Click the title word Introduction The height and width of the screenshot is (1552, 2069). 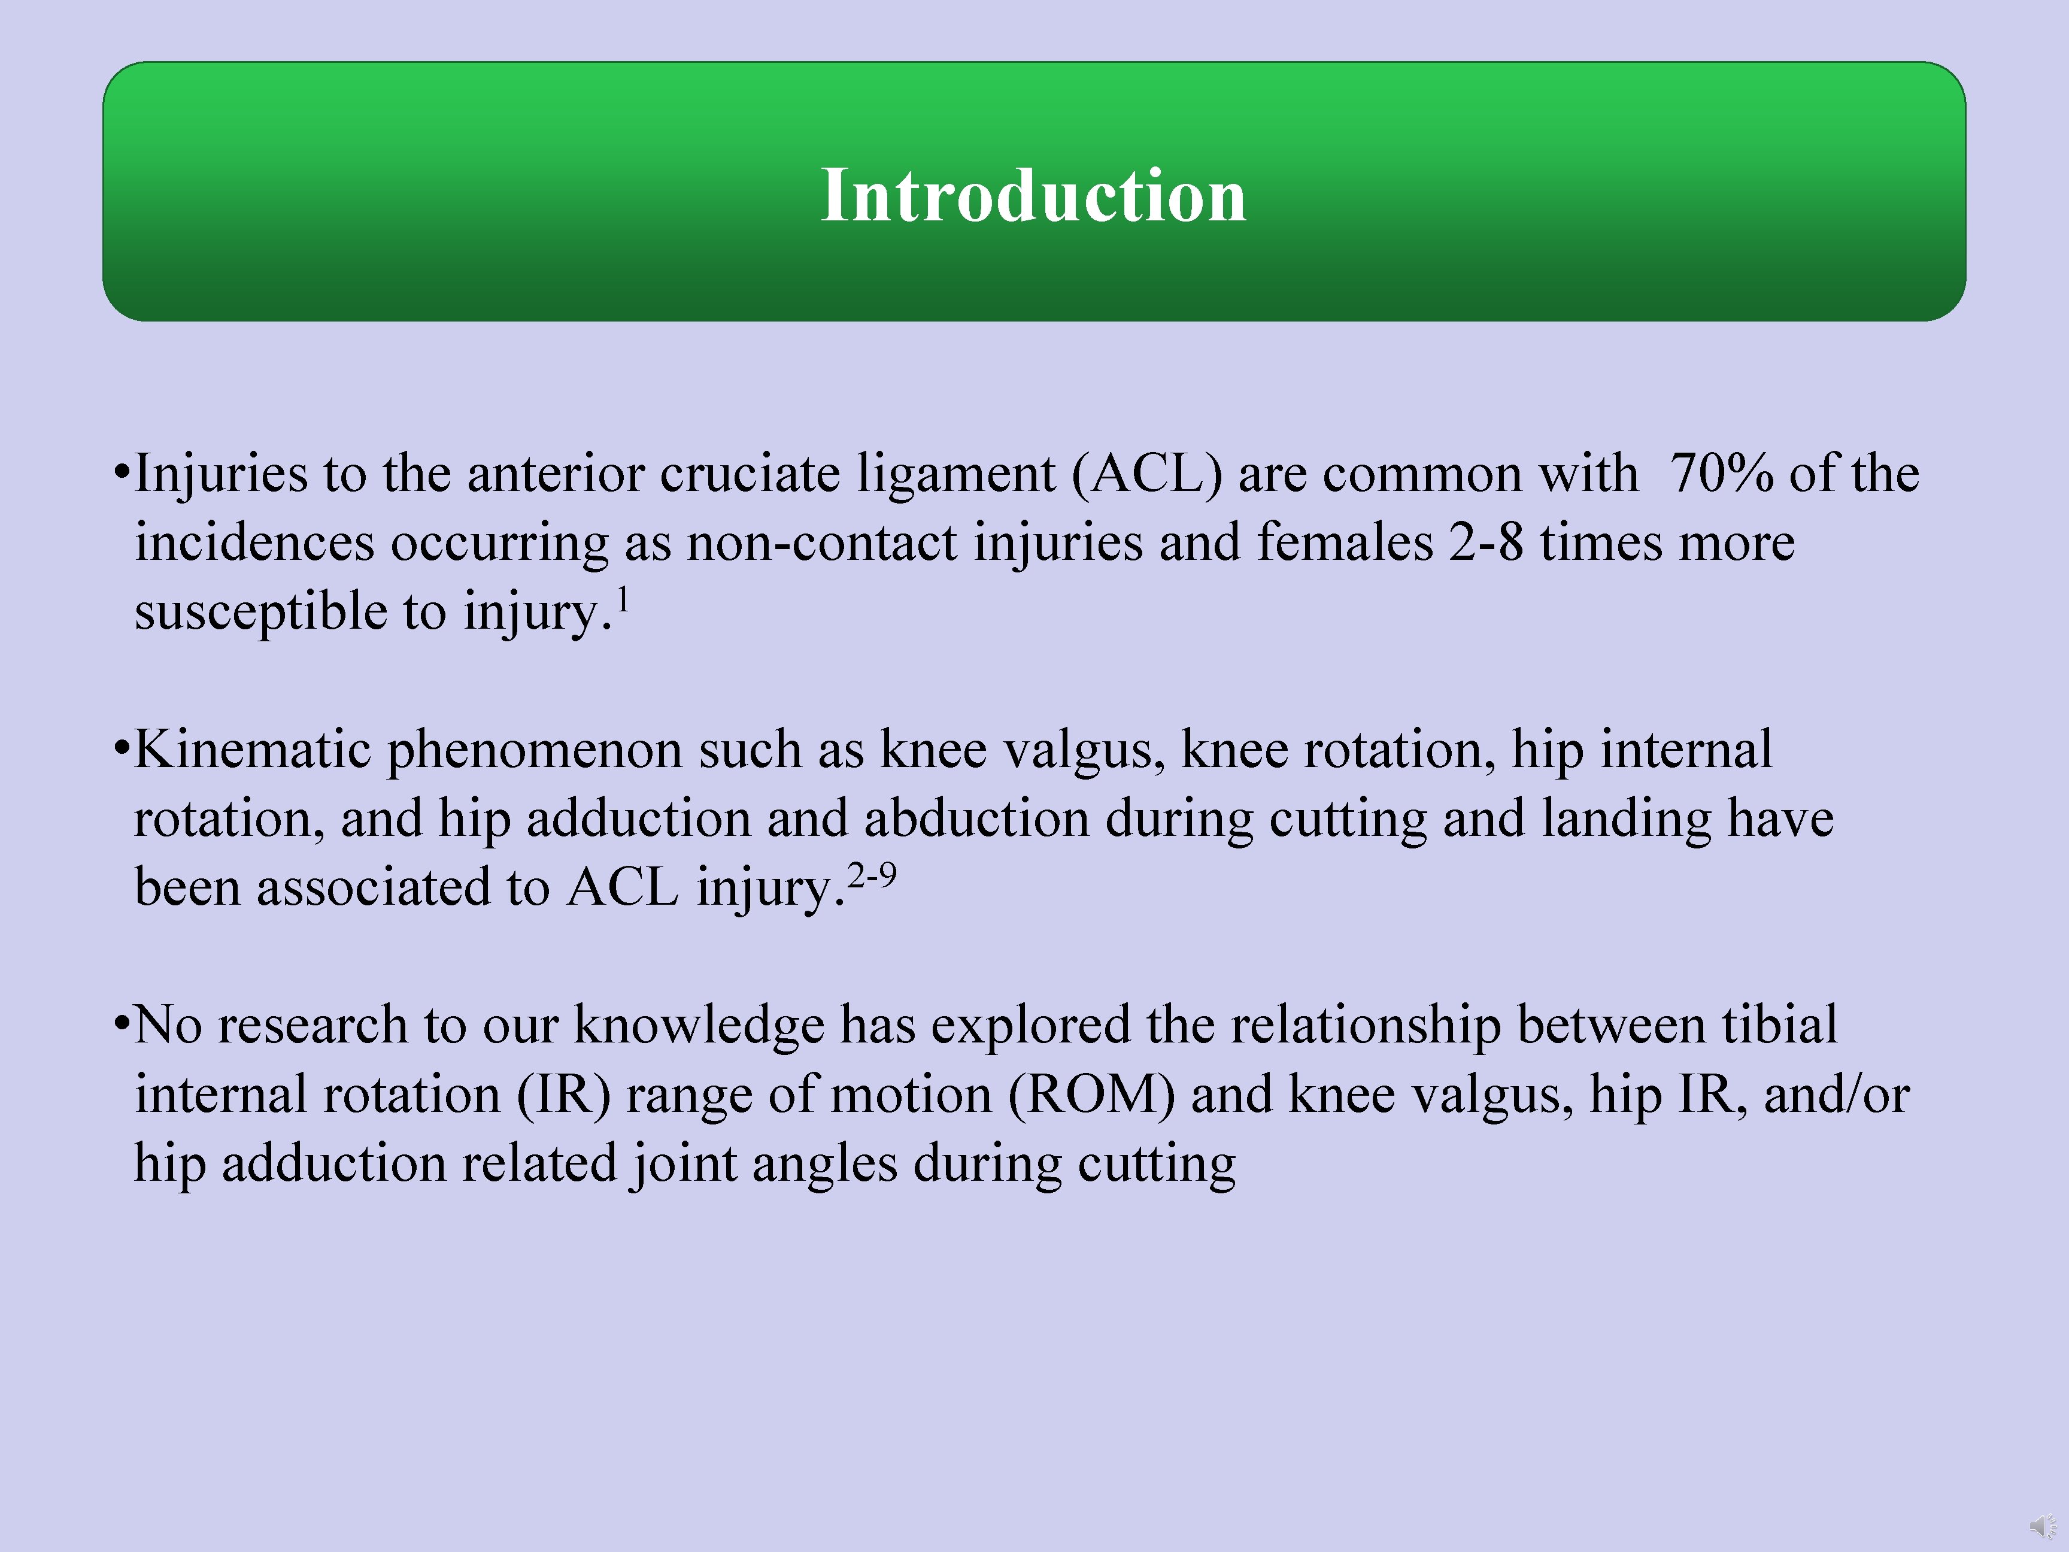click(1033, 196)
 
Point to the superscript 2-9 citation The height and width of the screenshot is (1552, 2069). click(872, 875)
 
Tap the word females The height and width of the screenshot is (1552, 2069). click(1344, 542)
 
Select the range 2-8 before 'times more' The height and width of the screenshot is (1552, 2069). click(1486, 542)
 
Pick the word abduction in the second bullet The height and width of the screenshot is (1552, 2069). click(976, 819)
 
